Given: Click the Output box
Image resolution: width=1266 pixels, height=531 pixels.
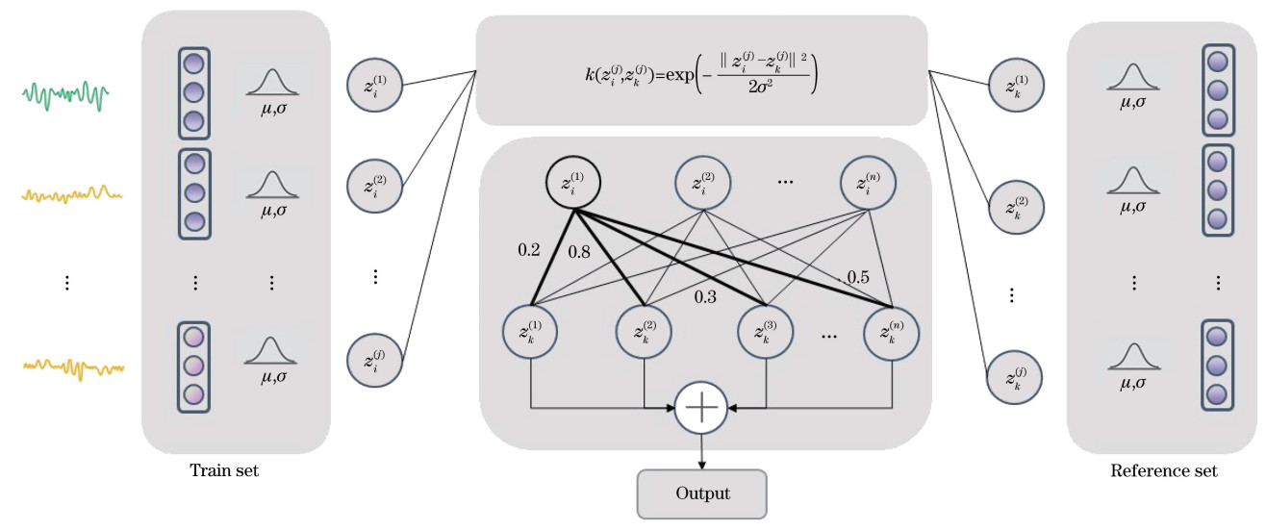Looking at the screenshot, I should click(x=702, y=493).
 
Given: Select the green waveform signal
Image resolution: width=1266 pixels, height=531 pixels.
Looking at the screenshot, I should click(x=66, y=94).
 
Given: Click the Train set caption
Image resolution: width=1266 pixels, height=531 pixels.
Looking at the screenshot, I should click(x=224, y=471).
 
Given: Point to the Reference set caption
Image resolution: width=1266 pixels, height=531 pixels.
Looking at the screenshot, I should click(x=1163, y=471).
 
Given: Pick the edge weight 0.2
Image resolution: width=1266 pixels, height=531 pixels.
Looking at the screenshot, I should click(x=529, y=250).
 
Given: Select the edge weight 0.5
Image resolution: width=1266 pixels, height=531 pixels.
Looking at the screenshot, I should click(x=856, y=278).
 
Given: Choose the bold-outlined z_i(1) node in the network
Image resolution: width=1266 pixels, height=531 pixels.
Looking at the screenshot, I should click(x=573, y=181).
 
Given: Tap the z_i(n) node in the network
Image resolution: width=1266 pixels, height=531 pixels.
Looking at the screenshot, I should click(x=867, y=181).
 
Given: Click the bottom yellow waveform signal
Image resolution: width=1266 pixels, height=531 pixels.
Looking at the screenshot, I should click(x=74, y=367).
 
